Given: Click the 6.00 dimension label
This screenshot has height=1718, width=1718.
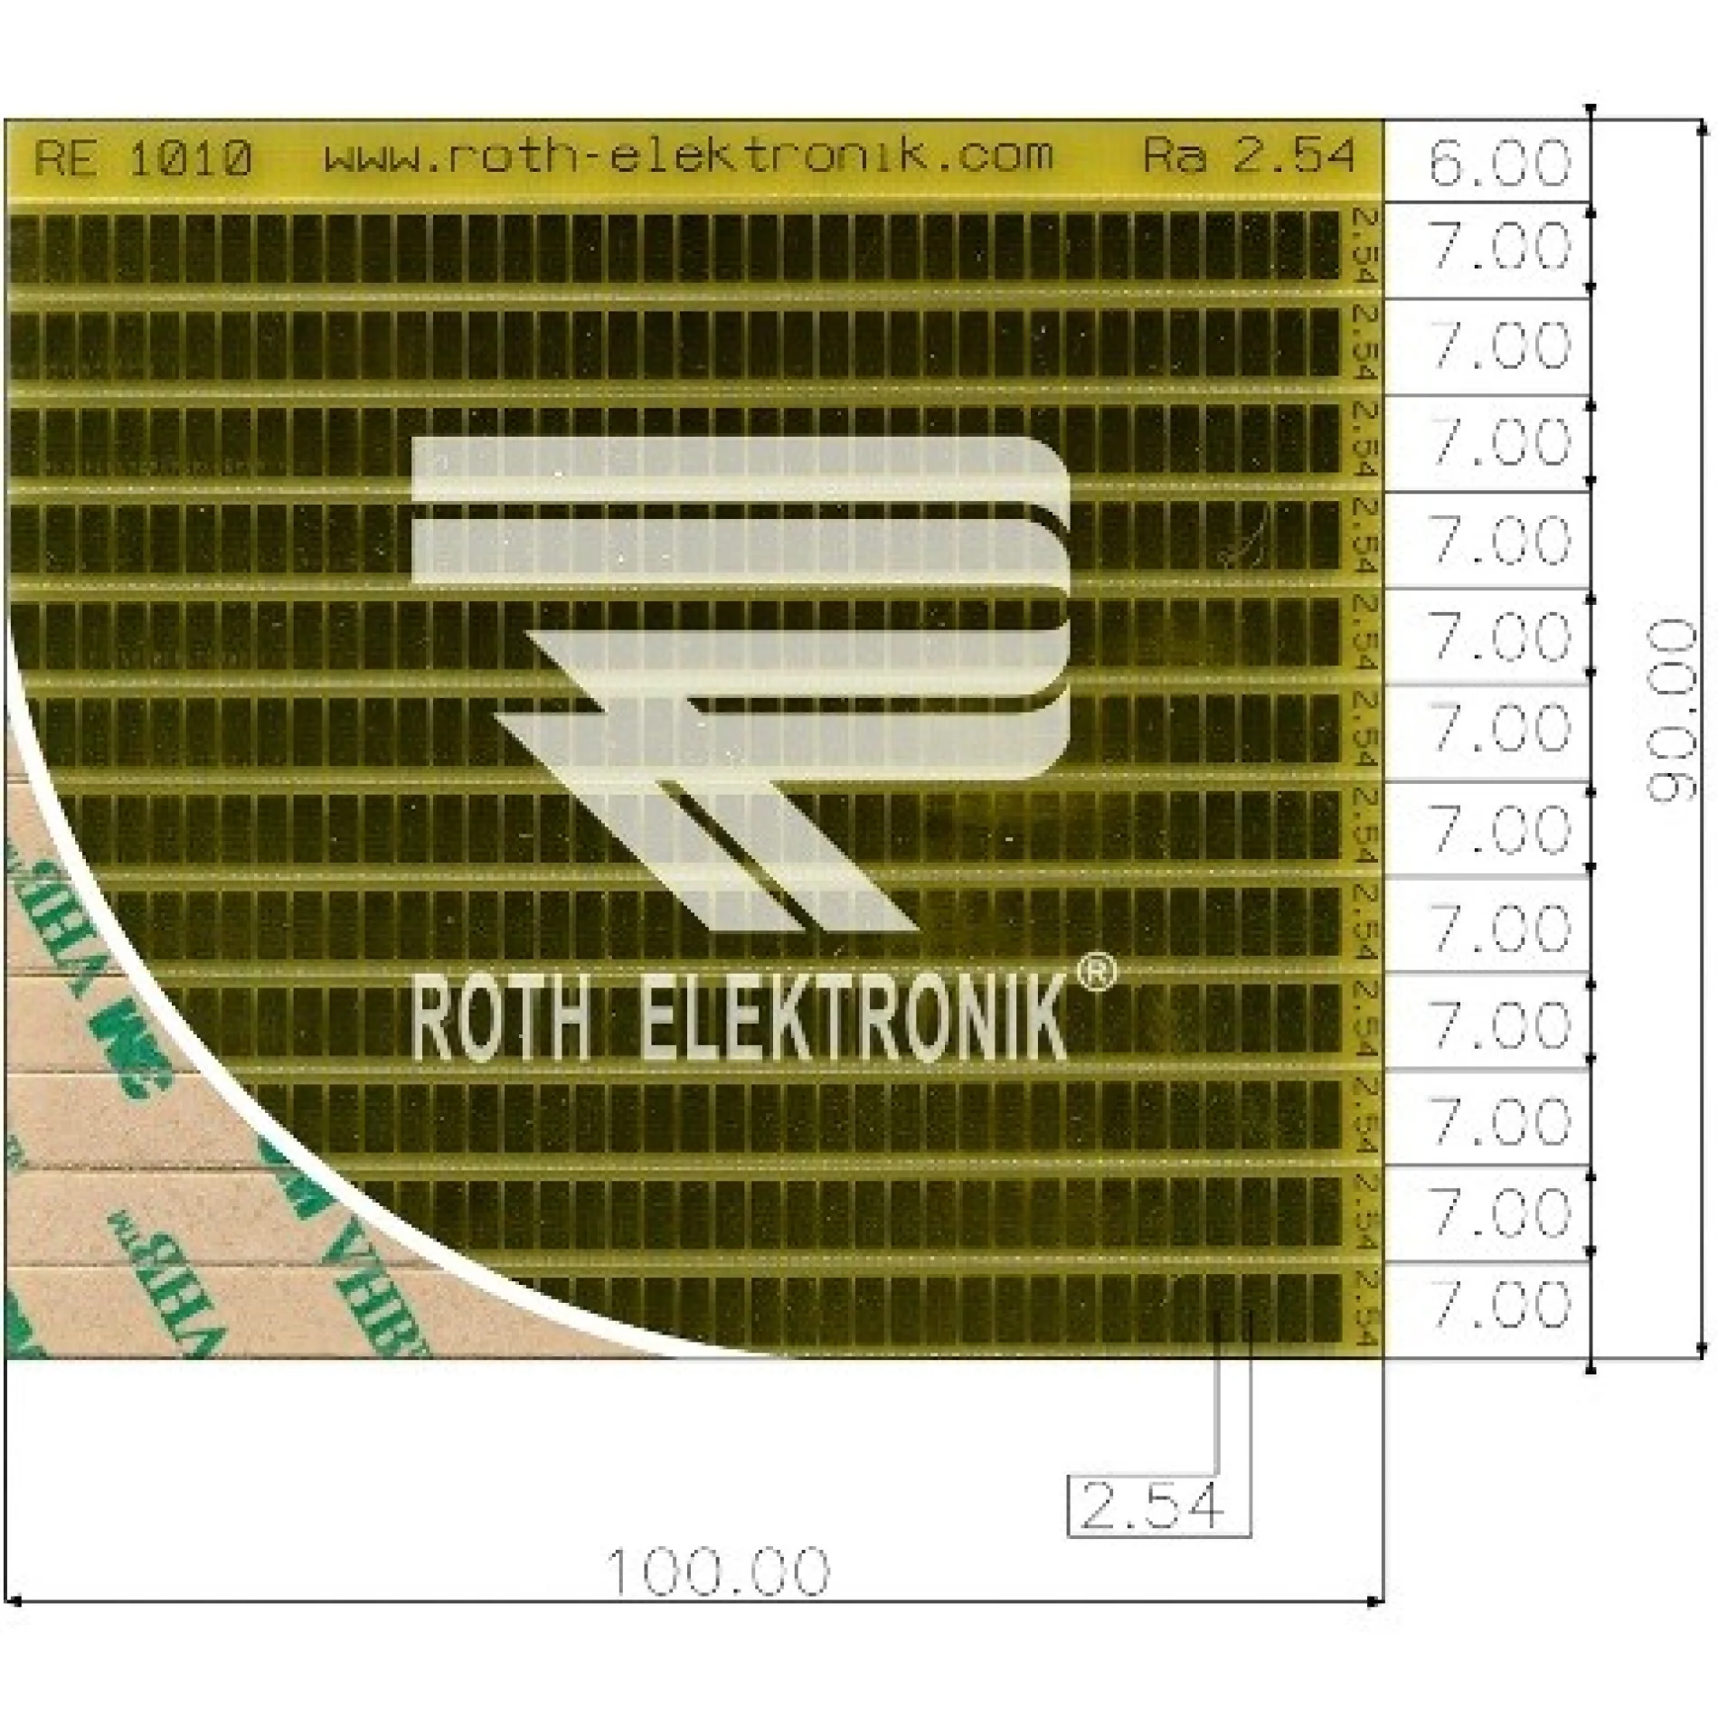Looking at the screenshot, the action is point(1497,163).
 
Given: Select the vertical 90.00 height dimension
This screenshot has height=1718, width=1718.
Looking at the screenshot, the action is point(1671,710).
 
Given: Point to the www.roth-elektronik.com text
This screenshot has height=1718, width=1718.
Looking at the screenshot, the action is point(689,156).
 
